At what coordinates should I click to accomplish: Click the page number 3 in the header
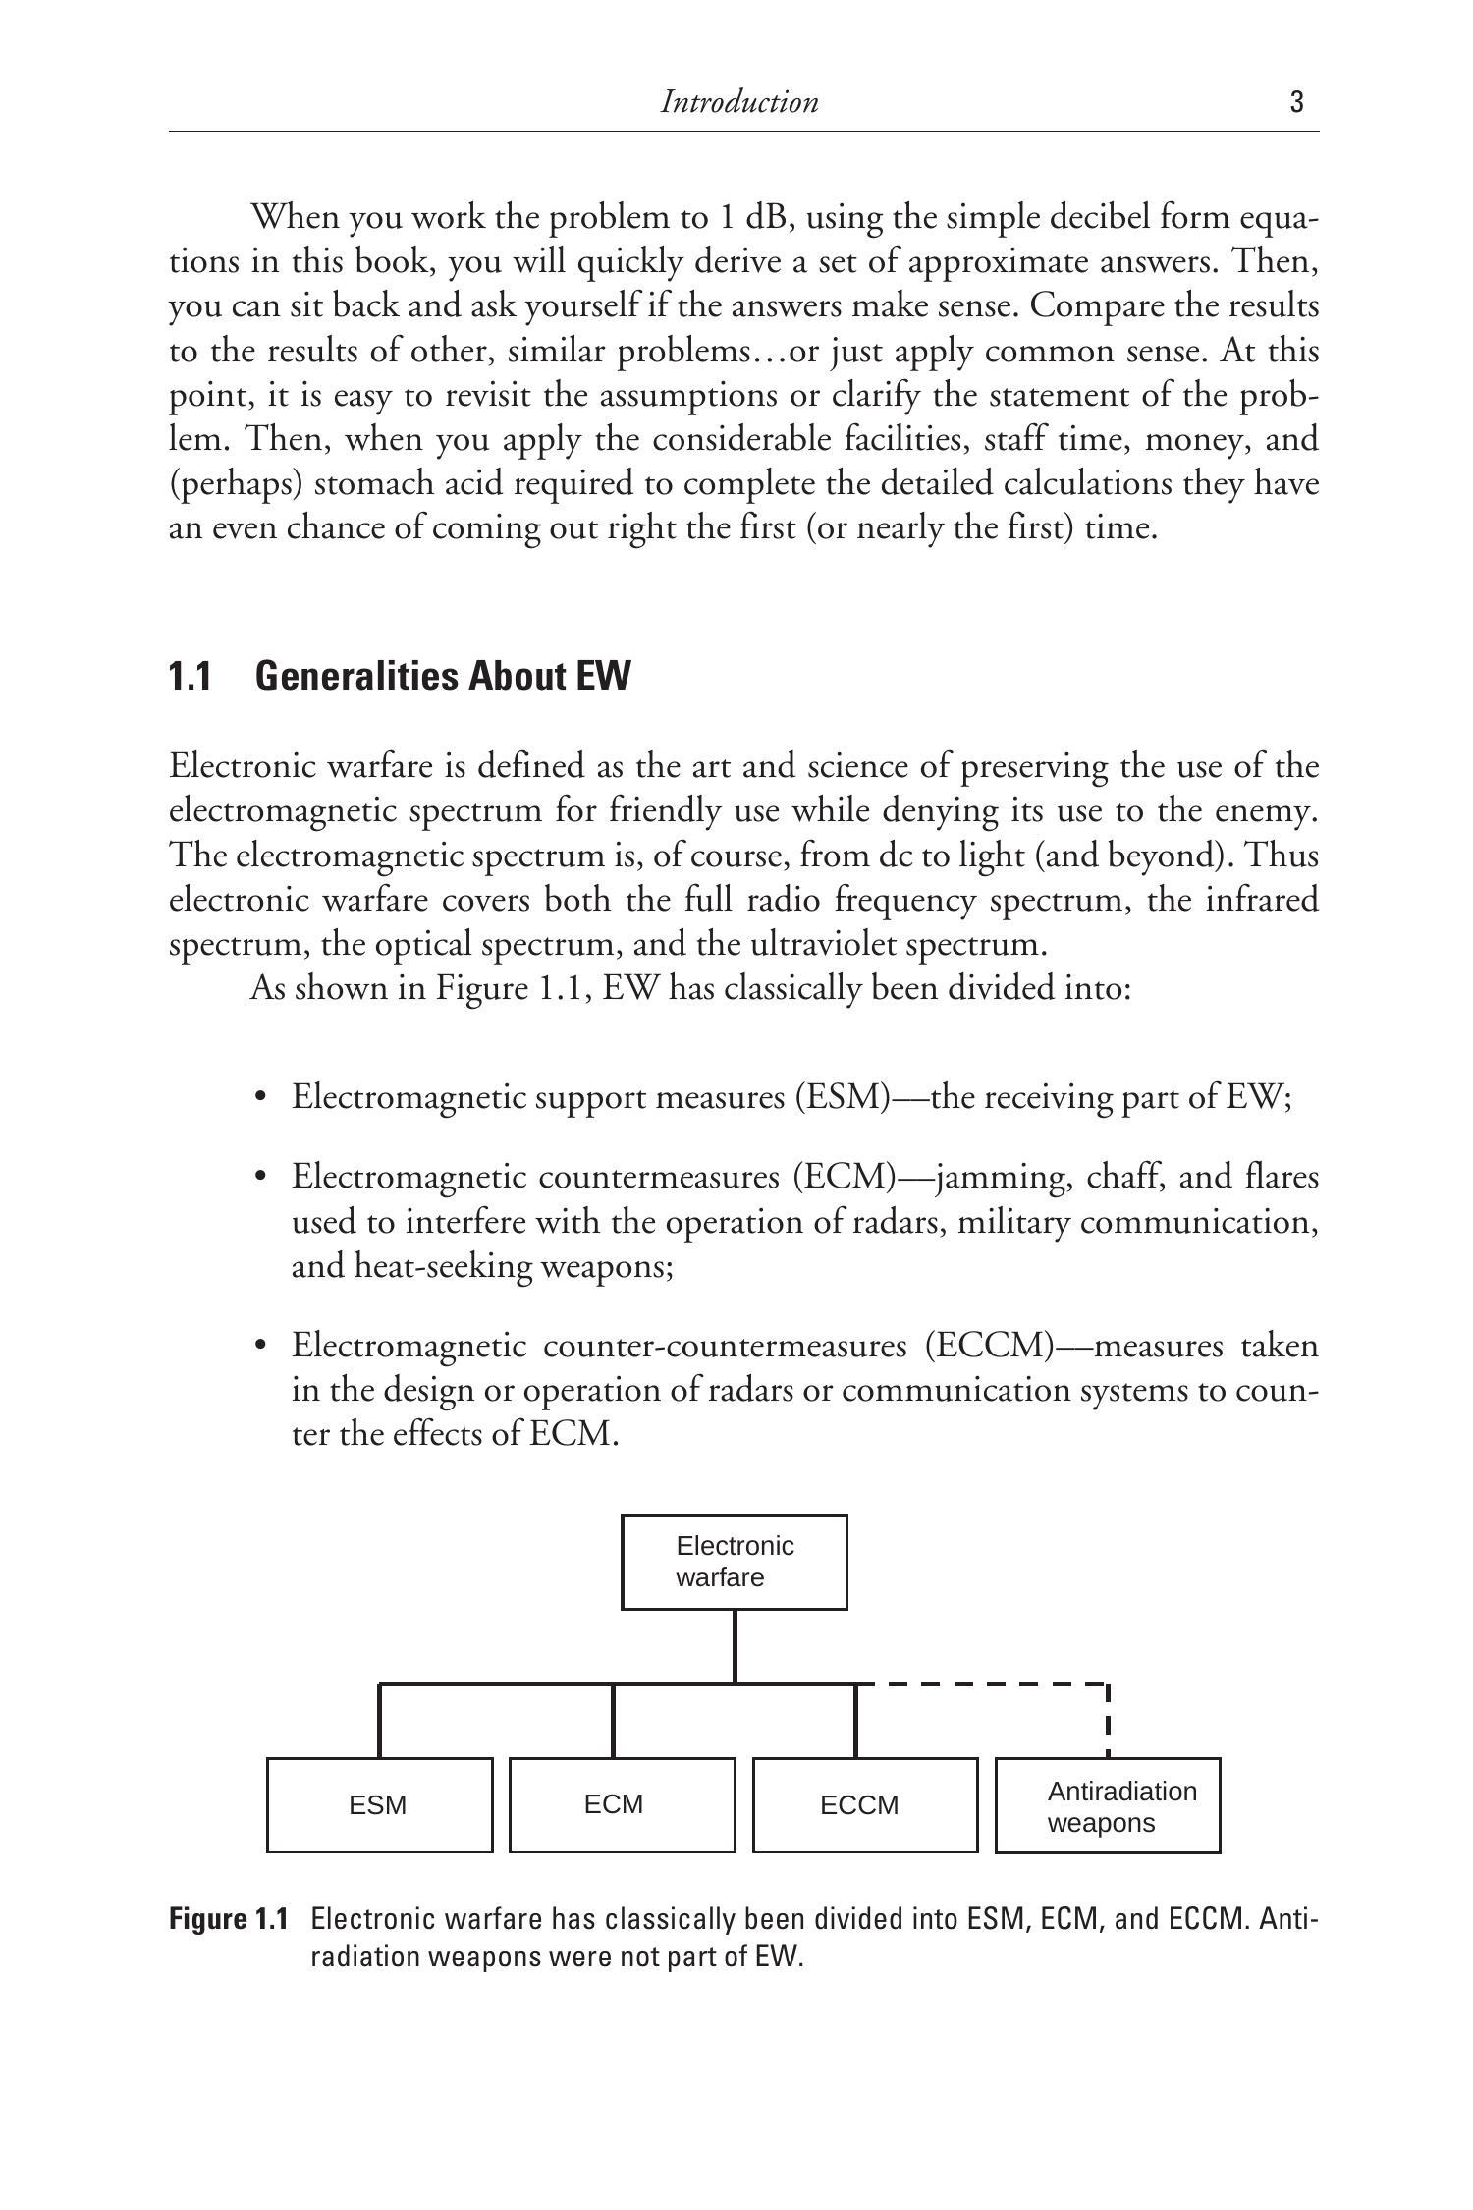[1296, 102]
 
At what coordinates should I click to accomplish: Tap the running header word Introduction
[738, 102]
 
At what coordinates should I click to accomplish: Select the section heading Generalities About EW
[443, 677]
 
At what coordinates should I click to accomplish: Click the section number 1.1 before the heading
[191, 677]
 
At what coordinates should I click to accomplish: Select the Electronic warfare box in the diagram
[735, 1562]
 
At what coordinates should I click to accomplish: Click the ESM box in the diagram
[379, 1805]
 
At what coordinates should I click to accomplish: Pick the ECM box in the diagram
[622, 1805]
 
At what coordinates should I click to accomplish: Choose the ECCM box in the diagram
[865, 1805]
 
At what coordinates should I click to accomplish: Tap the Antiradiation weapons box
[1108, 1805]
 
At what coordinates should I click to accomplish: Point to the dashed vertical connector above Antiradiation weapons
[1108, 1721]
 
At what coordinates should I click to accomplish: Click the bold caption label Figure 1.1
[229, 1919]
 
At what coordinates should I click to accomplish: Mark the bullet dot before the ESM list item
[260, 1097]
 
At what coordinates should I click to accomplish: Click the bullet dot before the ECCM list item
[260, 1346]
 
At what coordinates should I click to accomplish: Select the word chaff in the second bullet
[1122, 1177]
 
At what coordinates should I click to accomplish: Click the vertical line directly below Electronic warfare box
[735, 1646]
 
